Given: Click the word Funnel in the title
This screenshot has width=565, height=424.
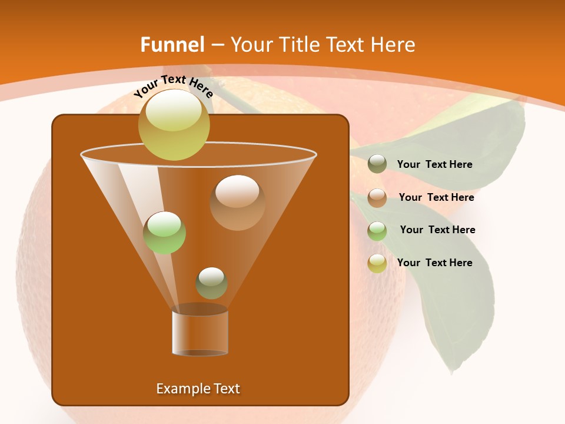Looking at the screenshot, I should click(172, 45).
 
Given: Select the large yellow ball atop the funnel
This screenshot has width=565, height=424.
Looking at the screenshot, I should click(174, 124).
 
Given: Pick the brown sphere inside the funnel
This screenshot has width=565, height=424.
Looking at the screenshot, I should click(237, 203).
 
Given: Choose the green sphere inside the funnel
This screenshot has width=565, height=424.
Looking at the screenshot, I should click(165, 233).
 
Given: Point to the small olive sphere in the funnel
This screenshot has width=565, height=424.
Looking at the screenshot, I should click(211, 283).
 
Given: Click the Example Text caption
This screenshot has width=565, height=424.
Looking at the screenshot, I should click(198, 389).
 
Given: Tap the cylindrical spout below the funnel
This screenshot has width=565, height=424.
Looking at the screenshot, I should click(200, 331).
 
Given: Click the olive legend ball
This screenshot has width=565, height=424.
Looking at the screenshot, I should click(377, 164).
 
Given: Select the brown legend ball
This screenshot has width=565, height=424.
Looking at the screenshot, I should click(377, 198).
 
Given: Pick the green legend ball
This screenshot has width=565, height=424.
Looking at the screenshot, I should click(377, 231).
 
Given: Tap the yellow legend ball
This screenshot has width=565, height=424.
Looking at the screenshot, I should click(377, 263).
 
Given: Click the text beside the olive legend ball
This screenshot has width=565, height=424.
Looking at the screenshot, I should click(434, 165).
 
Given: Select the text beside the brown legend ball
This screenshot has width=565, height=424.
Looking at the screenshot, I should click(436, 198).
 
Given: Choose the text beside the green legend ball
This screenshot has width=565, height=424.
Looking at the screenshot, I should click(437, 230).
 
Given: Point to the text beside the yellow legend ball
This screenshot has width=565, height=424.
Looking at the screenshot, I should click(434, 263).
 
